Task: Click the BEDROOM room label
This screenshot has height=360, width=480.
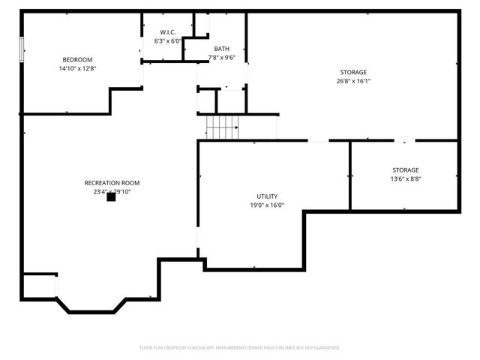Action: pos(77,60)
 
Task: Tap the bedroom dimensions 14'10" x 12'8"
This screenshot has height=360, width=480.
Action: pos(77,68)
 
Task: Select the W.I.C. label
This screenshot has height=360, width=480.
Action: pos(168,32)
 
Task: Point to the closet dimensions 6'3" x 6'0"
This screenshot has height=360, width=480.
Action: pos(168,41)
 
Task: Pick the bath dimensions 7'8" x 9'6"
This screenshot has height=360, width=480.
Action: pos(222,57)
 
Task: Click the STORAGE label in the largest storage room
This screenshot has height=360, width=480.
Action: pos(353,72)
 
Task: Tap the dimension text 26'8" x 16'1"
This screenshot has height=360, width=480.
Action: pos(353,81)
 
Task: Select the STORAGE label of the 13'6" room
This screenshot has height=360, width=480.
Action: pos(405,170)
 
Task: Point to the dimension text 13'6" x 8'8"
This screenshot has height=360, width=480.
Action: pos(405,179)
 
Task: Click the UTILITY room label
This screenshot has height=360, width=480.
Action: pos(267,196)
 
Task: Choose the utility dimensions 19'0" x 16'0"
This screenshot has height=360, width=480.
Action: pos(267,205)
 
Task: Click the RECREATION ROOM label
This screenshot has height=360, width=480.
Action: pos(112,183)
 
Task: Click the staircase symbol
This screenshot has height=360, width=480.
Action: pos(222,128)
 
